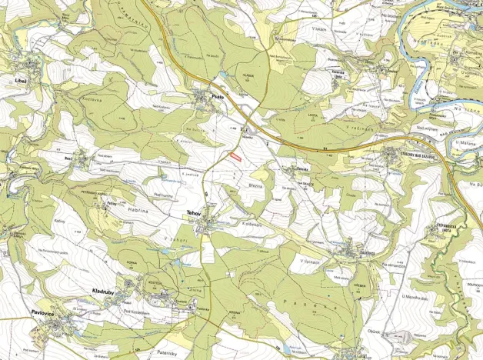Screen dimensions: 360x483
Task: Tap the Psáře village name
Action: click(x=218, y=98)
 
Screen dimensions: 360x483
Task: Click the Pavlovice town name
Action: click(x=43, y=312)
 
